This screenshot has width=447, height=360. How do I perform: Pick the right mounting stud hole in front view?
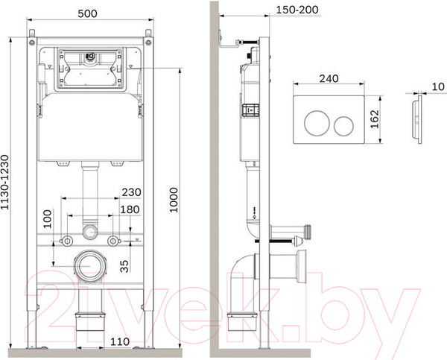pos(113,240)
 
